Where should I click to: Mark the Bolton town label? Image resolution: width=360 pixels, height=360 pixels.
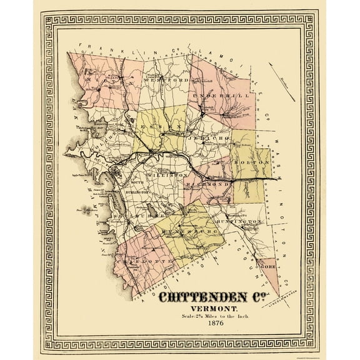point(243,163)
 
